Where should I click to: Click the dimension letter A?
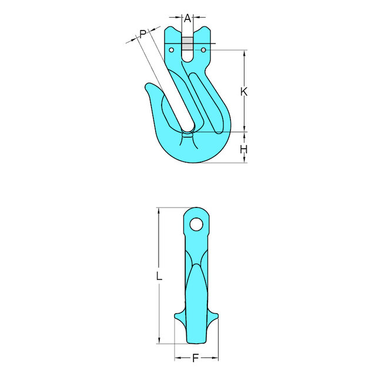click(187, 18)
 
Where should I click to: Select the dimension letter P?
click(143, 35)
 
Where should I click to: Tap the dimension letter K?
click(244, 92)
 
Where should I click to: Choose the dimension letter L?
click(159, 275)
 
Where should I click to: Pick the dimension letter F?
click(196, 358)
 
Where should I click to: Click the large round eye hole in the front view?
click(196, 224)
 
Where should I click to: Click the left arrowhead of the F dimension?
click(176, 357)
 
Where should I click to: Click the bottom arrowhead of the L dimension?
click(159, 341)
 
